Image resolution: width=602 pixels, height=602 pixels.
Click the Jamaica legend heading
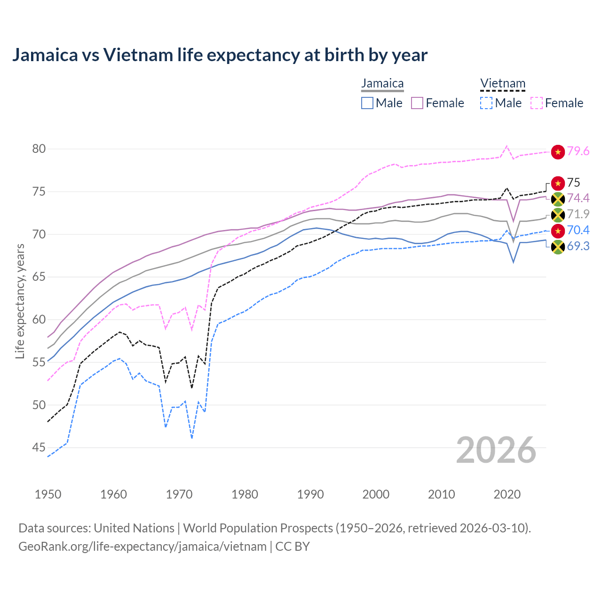[382, 84]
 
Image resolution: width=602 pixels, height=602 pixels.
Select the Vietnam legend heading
[502, 84]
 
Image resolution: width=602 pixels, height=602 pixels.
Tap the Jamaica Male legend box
[367, 103]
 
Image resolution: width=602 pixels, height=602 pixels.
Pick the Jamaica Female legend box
[417, 103]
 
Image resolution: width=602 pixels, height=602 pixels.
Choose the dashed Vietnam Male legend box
[486, 103]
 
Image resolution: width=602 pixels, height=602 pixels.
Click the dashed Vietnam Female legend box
[537, 103]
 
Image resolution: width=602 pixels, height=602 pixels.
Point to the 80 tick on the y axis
[39, 149]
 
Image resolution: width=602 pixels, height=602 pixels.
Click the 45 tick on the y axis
[39, 448]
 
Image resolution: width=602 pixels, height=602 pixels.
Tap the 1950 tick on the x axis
[48, 494]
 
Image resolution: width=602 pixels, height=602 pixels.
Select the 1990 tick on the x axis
[310, 494]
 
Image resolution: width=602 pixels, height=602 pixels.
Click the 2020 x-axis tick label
[507, 494]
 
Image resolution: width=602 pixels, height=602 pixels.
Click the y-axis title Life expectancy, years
[20, 301]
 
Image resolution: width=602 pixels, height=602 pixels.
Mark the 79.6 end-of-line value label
[578, 151]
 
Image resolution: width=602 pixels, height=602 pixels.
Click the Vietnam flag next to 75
[558, 183]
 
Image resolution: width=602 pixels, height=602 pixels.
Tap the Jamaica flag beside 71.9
[558, 215]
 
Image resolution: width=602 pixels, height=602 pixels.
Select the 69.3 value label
[578, 246]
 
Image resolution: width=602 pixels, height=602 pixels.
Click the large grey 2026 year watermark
[496, 450]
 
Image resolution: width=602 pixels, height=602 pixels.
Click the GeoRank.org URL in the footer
[142, 547]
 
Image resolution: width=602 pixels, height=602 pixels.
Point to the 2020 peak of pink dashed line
[507, 146]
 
